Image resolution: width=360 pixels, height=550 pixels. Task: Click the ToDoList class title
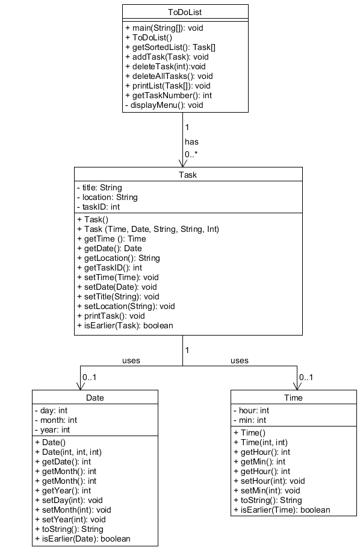[x=185, y=12]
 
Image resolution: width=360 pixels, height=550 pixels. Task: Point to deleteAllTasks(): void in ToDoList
[x=169, y=76]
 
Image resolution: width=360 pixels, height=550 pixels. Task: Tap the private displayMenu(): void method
[x=164, y=105]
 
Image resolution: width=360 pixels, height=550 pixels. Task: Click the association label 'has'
[x=192, y=142]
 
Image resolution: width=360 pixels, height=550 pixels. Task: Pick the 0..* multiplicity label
[x=191, y=154]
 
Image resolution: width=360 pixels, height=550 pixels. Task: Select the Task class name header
[x=188, y=175]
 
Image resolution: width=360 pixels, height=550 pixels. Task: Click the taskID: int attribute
[x=98, y=207]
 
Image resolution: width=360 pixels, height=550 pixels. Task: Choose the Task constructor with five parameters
[x=148, y=230]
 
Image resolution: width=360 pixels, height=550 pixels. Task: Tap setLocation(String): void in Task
[x=126, y=306]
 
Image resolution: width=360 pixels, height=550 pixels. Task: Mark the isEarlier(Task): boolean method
[x=125, y=325]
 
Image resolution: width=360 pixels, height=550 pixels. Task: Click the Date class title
[x=95, y=398]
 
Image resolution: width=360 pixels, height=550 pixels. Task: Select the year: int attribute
[x=52, y=430]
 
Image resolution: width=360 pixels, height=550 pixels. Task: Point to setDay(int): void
[x=69, y=500]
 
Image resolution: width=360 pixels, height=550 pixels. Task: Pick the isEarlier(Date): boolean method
[x=82, y=539]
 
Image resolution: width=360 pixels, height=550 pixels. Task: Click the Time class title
[x=293, y=398]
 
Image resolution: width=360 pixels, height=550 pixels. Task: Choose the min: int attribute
[x=250, y=420]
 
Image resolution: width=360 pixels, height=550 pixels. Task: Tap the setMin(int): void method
[x=267, y=491]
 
